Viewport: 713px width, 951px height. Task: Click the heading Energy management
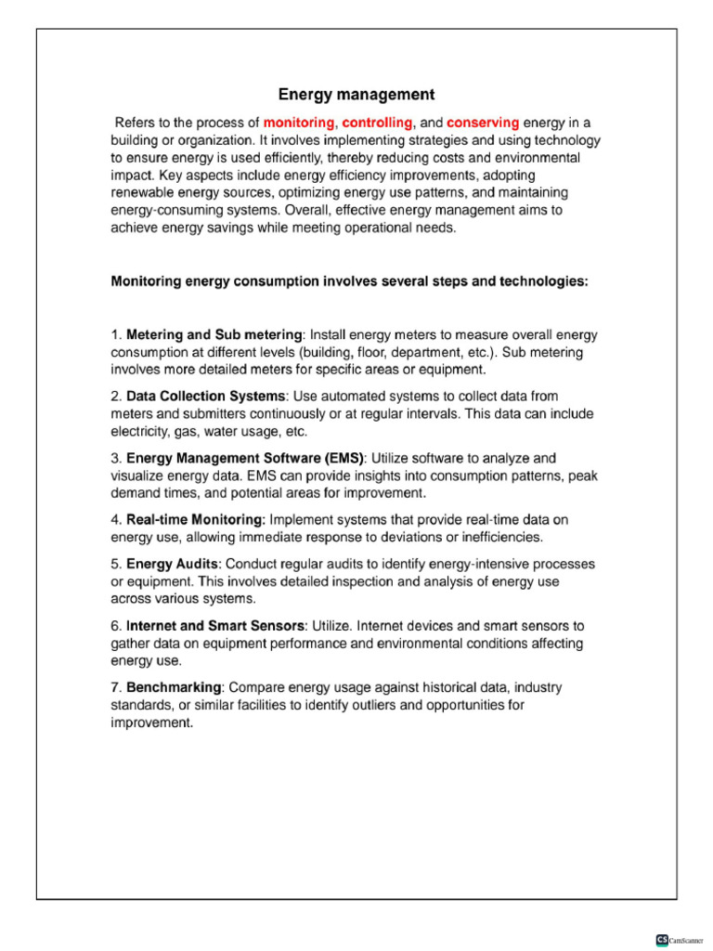[x=356, y=95]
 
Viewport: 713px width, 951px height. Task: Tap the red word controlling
[x=379, y=123]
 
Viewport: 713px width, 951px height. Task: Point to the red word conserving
[x=483, y=123]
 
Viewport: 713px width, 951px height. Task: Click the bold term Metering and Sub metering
[x=214, y=334]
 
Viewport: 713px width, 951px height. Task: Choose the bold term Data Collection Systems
[x=205, y=397]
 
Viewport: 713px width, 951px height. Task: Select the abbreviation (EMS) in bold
[x=340, y=458]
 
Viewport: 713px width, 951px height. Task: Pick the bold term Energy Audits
[x=173, y=564]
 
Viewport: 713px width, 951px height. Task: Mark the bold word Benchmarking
[x=174, y=687]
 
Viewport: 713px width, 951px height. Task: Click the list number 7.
[x=115, y=687]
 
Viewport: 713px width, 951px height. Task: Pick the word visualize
[x=139, y=475]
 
